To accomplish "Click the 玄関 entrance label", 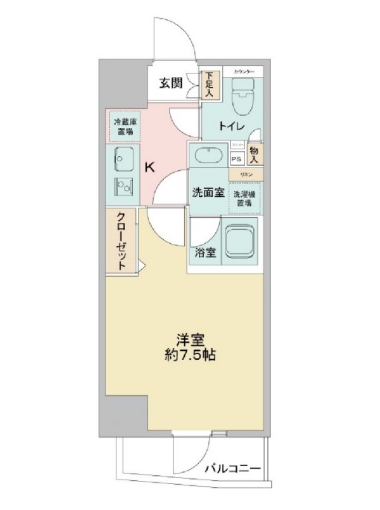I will [x=170, y=83].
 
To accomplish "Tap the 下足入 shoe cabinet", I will [x=210, y=85].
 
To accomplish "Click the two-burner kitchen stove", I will [x=122, y=187].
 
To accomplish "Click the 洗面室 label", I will [x=208, y=193].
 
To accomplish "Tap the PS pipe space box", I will [x=237, y=159].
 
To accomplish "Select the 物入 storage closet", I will [x=255, y=154].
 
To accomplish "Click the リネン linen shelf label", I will [x=245, y=174].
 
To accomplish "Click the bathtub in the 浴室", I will [x=240, y=242].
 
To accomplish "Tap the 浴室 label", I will [x=206, y=253].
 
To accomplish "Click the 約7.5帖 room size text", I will [x=191, y=355].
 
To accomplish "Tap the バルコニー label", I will [x=232, y=470].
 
